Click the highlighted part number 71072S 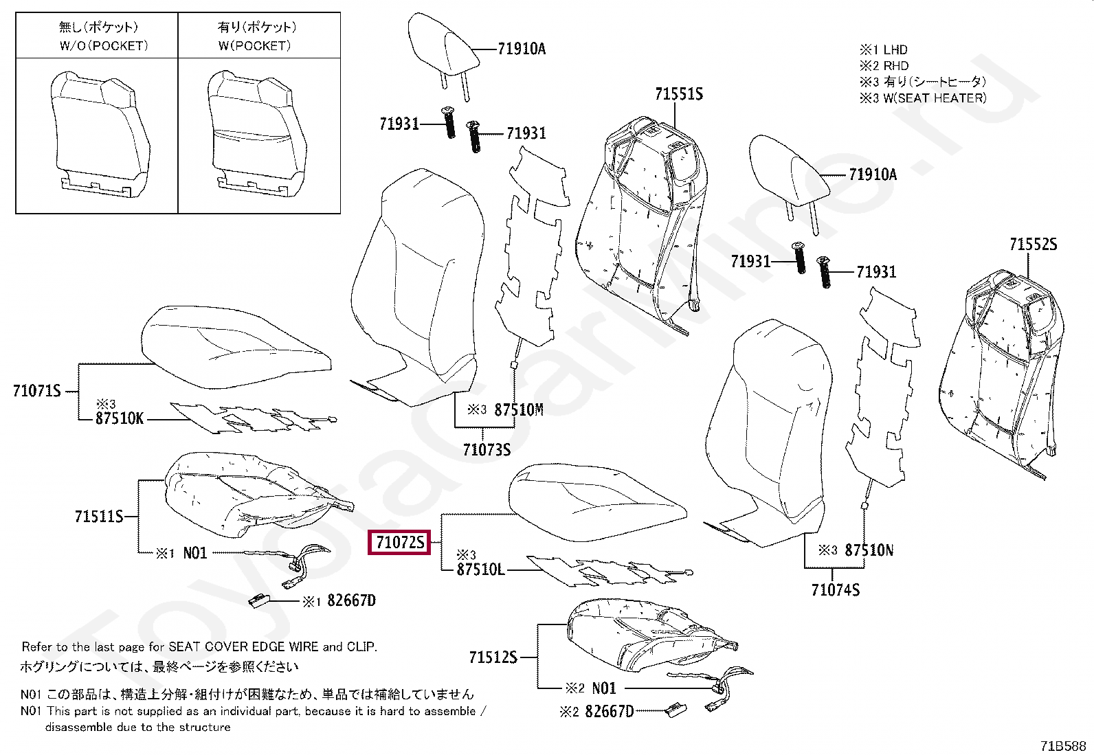click(399, 543)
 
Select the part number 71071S click(37, 391)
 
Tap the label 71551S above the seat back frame click(679, 94)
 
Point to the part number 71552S click(1033, 245)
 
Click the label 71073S click(487, 450)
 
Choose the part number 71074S click(835, 590)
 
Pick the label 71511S click(99, 517)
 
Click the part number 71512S click(493, 657)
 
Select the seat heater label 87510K click(120, 418)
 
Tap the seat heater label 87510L click(480, 570)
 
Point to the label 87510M click(519, 410)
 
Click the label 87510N click(869, 550)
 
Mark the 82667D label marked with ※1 click(351, 600)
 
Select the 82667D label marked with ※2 click(609, 711)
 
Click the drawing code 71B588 click(1062, 746)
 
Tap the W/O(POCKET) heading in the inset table click(103, 46)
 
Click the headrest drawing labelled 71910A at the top click(442, 45)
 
